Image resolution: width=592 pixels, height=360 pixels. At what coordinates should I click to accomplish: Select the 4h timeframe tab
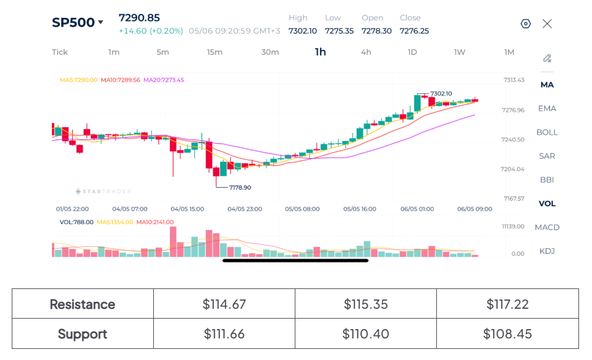coord(366,52)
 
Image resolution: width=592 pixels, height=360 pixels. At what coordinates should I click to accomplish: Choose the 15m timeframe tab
coord(214,52)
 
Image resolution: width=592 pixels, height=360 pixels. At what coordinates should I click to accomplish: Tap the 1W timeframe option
coord(460,52)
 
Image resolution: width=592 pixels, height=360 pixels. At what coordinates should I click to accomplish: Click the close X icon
coord(547,23)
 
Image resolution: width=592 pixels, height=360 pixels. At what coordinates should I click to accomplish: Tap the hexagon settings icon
coord(525,23)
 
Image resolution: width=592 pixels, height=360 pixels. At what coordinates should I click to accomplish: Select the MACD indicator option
coord(547,227)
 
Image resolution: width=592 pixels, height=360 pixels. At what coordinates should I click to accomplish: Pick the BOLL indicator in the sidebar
coord(547,132)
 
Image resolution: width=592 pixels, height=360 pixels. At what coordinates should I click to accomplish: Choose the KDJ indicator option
coord(547,251)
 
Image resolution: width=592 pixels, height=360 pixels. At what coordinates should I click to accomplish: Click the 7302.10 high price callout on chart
coord(441,94)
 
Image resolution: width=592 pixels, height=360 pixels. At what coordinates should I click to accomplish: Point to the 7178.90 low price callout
coord(240,187)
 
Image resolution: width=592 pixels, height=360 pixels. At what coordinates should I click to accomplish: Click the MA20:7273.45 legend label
coord(164,80)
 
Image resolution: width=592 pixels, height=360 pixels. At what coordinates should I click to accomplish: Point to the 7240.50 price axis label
coord(513,140)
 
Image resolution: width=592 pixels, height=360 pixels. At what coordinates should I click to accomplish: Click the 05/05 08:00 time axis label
coord(302,209)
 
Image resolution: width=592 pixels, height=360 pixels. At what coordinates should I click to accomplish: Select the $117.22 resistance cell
coord(507,304)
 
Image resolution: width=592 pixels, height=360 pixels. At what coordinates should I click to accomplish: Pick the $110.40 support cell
coord(365,333)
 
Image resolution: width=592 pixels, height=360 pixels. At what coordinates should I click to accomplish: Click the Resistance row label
coord(83,304)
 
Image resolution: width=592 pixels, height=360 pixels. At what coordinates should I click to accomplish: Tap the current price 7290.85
coord(139,18)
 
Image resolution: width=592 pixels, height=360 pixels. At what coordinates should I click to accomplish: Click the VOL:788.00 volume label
coord(77,222)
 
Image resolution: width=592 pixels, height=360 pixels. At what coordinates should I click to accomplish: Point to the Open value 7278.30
coord(376,31)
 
